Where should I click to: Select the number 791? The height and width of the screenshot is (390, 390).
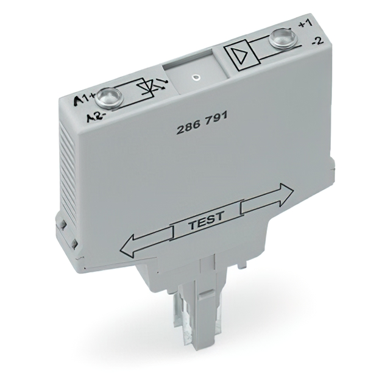coord(216,120)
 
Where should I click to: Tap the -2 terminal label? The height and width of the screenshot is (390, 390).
coord(317,41)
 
